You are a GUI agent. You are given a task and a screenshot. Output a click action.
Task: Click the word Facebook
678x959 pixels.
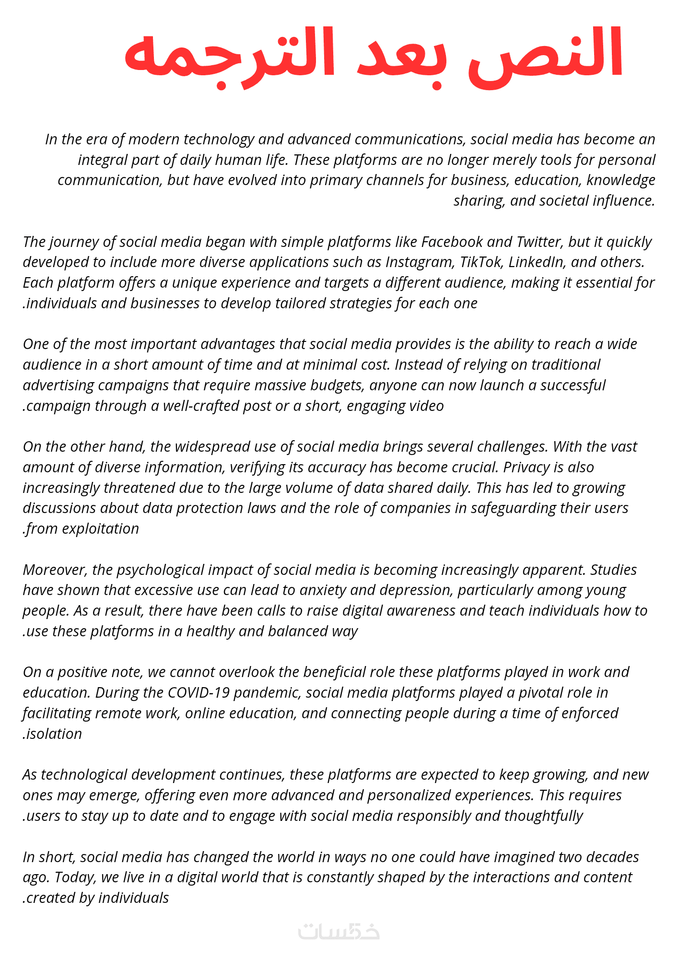tap(452, 242)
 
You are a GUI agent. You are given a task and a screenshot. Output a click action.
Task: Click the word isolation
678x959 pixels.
tap(54, 734)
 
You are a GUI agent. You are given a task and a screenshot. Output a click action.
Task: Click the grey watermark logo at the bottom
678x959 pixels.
tap(339, 931)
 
